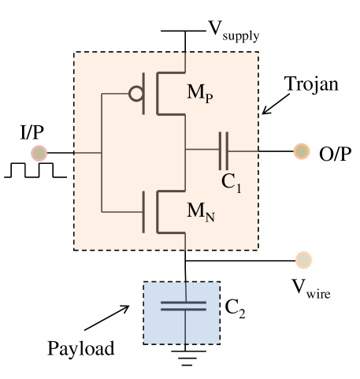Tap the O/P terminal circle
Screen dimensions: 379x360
coord(301,150)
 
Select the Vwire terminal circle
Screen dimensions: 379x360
coord(303,259)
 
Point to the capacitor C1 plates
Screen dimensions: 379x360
coord(225,150)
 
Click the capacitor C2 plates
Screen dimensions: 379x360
coord(185,306)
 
